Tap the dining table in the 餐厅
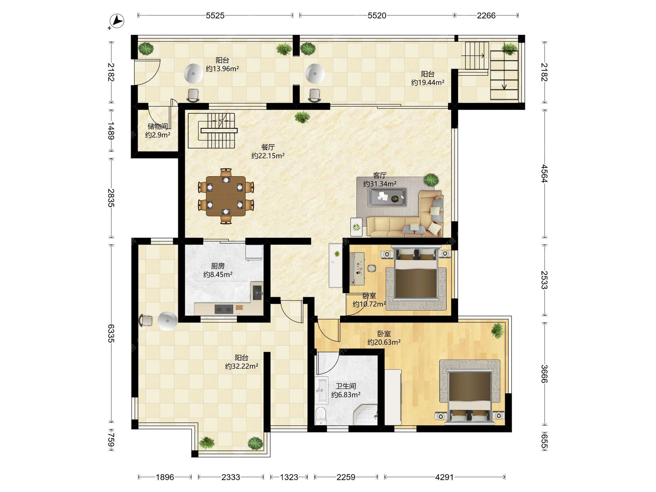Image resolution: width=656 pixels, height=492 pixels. (225, 196)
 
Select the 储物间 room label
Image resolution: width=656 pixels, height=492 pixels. (158, 126)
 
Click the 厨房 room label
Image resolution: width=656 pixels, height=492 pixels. (218, 266)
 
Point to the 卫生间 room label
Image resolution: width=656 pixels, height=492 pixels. (346, 386)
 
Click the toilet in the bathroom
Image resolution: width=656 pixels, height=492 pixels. (321, 416)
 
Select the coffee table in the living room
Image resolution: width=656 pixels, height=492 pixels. (387, 197)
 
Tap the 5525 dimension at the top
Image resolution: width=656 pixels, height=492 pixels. (215, 15)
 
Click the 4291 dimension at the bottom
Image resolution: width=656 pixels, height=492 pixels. (445, 477)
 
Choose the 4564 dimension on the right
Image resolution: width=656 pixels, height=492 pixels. (545, 174)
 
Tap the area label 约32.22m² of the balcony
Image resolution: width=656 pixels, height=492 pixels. (242, 366)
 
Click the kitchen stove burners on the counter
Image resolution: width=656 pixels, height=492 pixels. (224, 309)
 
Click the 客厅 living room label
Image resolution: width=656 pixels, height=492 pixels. (380, 175)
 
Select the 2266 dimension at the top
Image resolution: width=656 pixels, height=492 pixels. (486, 15)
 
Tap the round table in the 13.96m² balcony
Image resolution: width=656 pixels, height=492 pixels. (193, 73)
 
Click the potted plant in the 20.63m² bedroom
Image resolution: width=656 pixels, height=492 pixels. (497, 331)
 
